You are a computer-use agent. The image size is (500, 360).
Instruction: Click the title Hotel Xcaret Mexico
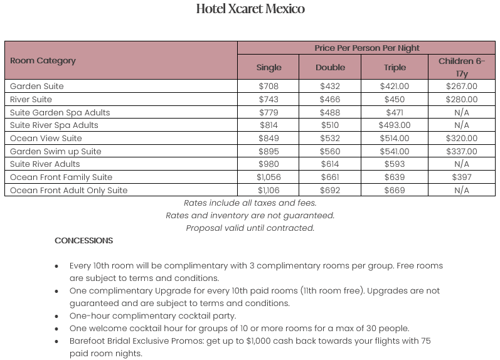[x=250, y=9]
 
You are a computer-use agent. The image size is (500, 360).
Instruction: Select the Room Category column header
[x=43, y=61]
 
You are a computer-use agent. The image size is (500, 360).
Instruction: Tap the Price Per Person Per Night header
[x=367, y=48]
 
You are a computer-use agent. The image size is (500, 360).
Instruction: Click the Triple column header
[x=395, y=67]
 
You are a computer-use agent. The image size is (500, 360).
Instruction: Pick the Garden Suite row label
[x=36, y=87]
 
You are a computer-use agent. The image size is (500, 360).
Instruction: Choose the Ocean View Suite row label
[x=46, y=139]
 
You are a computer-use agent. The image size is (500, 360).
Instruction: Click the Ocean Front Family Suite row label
[x=61, y=177]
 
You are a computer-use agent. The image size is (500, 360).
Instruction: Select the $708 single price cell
[x=269, y=87]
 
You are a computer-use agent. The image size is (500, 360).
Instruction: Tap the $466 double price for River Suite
[x=330, y=100]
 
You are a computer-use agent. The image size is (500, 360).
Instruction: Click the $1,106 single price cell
[x=269, y=191]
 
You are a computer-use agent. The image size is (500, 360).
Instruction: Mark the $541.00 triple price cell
[x=395, y=151]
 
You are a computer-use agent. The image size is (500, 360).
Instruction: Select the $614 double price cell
[x=330, y=164]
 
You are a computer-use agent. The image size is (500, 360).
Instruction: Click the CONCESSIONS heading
[x=83, y=241]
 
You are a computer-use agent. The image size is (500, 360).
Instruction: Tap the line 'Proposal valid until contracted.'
[x=250, y=228]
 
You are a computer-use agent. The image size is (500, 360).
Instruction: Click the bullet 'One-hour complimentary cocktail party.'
[x=152, y=316]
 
